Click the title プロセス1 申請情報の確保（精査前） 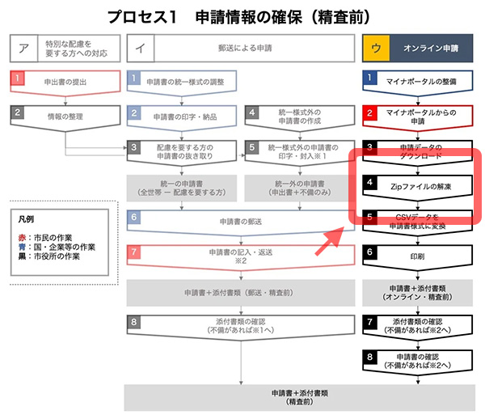pyautogui.click(x=242, y=16)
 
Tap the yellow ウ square pyautogui.click(x=373, y=49)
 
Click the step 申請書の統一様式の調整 pyautogui.click(x=183, y=82)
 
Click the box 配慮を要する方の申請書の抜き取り pyautogui.click(x=183, y=152)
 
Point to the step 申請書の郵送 pyautogui.click(x=242, y=220)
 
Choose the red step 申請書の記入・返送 pyautogui.click(x=242, y=254)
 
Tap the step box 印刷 pyautogui.click(x=415, y=253)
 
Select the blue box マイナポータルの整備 pyautogui.click(x=415, y=82)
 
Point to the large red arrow pyautogui.click(x=327, y=235)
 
